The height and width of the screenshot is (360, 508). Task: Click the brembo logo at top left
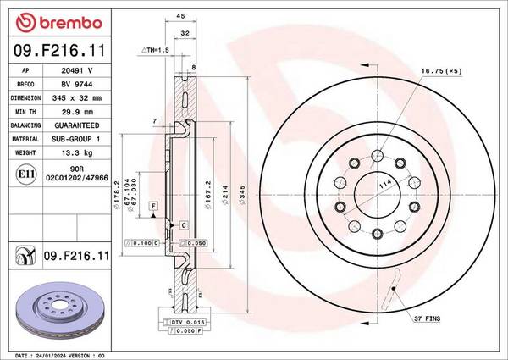pyautogui.click(x=59, y=23)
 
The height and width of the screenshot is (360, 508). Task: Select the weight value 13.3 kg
pyautogui.click(x=77, y=152)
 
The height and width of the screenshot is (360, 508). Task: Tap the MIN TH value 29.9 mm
pyautogui.click(x=77, y=112)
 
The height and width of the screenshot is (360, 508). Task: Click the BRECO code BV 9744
pyautogui.click(x=77, y=84)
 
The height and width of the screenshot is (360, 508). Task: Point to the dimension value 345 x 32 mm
pyautogui.click(x=77, y=98)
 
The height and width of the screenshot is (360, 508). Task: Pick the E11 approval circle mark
pyautogui.click(x=25, y=174)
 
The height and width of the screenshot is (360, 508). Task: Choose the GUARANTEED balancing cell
pyautogui.click(x=77, y=125)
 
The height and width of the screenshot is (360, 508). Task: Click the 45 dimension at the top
pyautogui.click(x=180, y=16)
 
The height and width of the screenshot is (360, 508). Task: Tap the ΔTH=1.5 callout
pyautogui.click(x=155, y=50)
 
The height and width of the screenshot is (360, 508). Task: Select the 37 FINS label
pyautogui.click(x=427, y=318)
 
